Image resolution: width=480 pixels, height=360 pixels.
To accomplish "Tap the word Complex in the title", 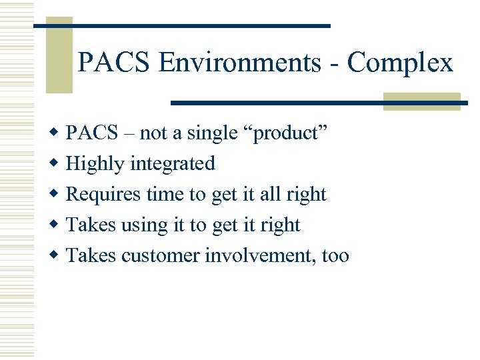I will [400, 63].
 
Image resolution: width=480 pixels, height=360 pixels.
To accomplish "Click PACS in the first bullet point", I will [91, 133].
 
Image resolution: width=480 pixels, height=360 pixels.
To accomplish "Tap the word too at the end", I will [335, 255].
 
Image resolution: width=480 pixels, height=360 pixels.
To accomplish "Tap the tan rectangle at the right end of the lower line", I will [421, 101].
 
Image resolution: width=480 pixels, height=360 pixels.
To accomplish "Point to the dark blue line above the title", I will [182, 25].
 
